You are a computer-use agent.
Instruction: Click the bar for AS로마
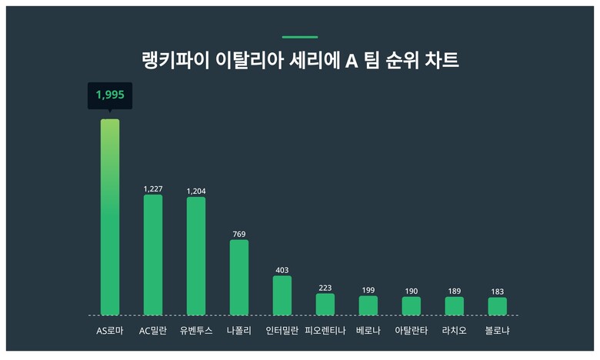(110, 217)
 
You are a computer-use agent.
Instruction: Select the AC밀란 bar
(153, 255)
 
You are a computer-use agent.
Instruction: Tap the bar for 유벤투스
(196, 256)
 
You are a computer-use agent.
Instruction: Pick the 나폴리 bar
(239, 277)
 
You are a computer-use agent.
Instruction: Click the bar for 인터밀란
(282, 295)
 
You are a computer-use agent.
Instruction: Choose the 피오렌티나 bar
(325, 304)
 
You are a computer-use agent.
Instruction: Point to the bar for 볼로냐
(497, 306)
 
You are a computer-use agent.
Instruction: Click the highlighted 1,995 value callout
(110, 95)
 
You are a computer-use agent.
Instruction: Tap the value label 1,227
(153, 188)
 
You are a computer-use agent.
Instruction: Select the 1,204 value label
(196, 191)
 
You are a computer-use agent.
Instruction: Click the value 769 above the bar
(239, 234)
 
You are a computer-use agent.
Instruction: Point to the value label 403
(282, 270)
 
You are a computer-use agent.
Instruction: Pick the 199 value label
(368, 290)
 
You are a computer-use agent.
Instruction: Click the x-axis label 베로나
(368, 332)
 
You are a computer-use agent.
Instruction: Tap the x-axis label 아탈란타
(412, 332)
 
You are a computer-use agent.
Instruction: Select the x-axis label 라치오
(454, 332)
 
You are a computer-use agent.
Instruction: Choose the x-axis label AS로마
(110, 332)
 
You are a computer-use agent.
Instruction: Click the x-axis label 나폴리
(239, 332)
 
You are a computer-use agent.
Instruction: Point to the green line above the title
(300, 37)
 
